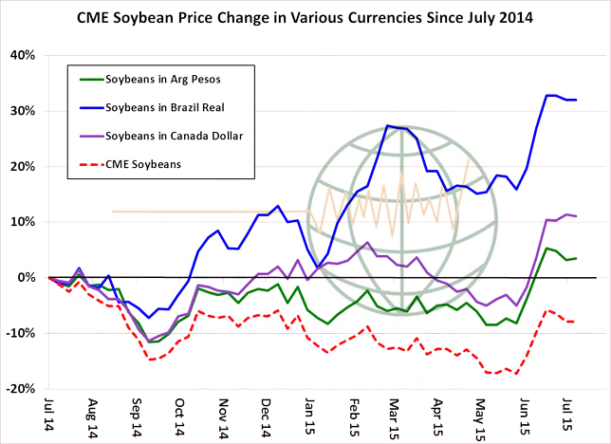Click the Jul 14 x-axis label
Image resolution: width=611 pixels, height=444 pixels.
[x=49, y=415]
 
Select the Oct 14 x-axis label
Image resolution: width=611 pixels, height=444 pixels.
[x=180, y=415]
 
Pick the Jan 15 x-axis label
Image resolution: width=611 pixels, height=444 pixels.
[x=310, y=415]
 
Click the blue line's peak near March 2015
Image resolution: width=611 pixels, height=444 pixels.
[x=387, y=125]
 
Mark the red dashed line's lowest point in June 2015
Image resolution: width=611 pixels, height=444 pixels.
[x=516, y=373]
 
